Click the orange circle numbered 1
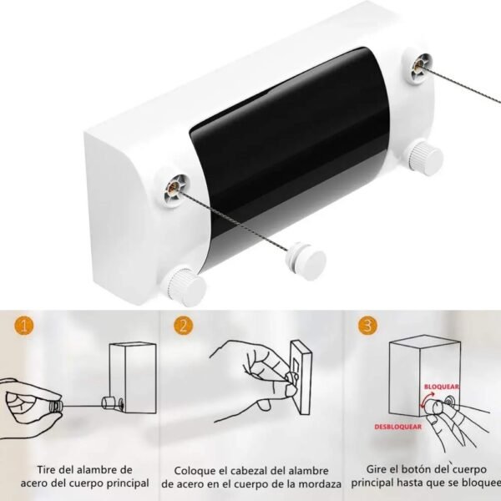[23, 326]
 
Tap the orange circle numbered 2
[184, 326]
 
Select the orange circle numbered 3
[367, 326]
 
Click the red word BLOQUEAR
[441, 387]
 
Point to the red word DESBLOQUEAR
[397, 427]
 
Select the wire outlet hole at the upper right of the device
[418, 67]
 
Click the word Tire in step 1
[46, 469]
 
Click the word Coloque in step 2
[195, 471]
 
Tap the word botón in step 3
[418, 469]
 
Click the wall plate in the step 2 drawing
[301, 377]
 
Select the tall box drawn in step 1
[133, 377]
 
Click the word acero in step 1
[34, 483]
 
